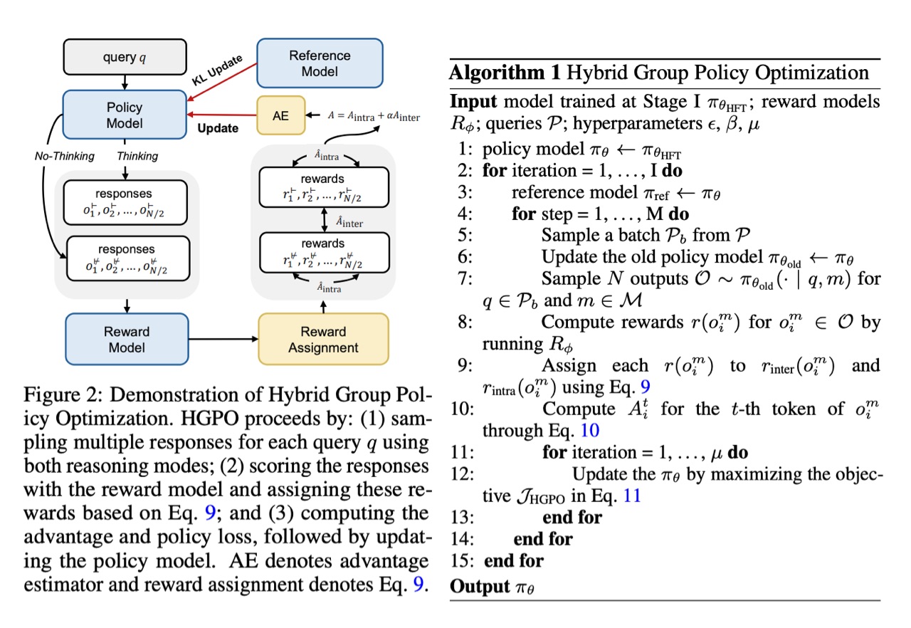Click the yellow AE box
point(281,115)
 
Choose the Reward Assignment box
point(323,340)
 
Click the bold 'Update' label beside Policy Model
point(218,128)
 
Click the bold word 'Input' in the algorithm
point(471,101)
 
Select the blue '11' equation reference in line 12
point(631,496)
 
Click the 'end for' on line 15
point(514,560)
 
